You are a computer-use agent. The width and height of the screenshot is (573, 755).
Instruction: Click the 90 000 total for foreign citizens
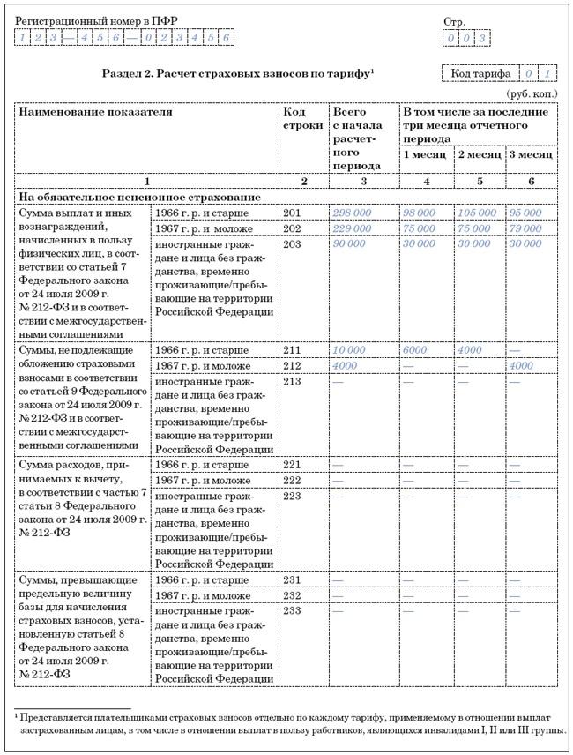(x=349, y=245)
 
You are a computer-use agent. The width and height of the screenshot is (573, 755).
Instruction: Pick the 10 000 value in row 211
(x=349, y=349)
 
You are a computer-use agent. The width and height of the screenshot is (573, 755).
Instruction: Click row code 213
(x=293, y=381)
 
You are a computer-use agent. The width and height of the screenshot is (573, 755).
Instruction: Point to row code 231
(x=293, y=580)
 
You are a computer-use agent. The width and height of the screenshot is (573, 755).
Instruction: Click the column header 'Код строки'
(x=294, y=119)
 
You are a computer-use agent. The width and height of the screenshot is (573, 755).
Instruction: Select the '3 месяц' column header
(x=530, y=155)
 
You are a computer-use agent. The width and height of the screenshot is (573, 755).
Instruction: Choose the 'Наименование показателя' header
(x=96, y=112)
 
